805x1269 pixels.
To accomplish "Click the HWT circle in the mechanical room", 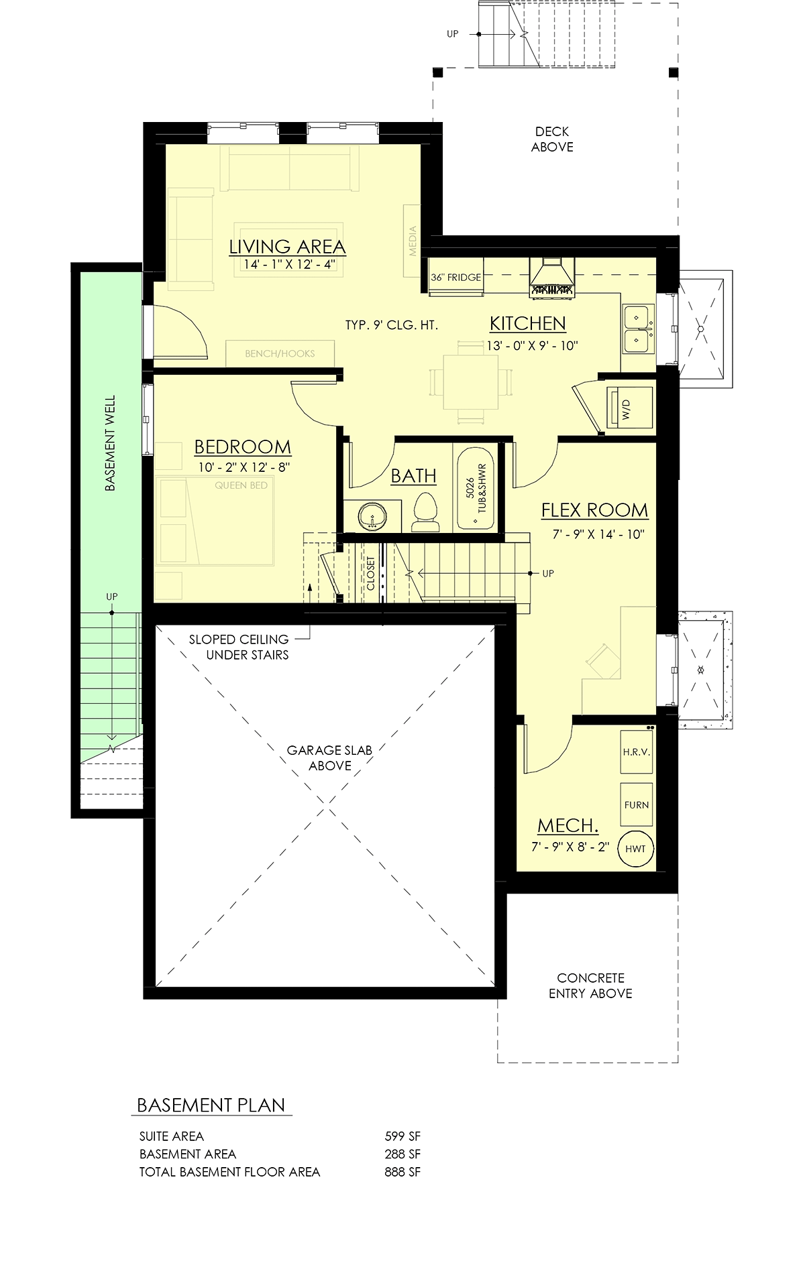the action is point(635,848).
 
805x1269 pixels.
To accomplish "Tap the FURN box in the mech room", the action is point(637,805).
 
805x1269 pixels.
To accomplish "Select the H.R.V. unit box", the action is point(637,752).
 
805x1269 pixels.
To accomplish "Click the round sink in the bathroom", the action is point(372,516).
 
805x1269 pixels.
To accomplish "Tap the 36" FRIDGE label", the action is point(456,277).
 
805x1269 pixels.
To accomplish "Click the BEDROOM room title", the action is point(243,447).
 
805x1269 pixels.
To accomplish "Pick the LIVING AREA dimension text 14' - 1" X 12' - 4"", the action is point(289,265).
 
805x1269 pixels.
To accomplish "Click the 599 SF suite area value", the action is point(402,1136).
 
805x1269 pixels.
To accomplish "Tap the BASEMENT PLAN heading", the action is point(211,1105).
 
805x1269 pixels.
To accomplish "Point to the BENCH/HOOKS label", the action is point(280,353).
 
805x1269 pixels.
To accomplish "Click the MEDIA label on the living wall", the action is point(413,241).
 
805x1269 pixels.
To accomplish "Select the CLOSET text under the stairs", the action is point(371,573).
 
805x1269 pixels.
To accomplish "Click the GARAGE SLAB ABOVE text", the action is point(329,758).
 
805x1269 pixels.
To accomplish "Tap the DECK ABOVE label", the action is point(552,139).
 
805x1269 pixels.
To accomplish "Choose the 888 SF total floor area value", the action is point(402,1172).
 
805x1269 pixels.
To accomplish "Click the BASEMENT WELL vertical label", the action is point(111,443).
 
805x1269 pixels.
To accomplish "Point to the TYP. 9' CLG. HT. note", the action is point(391,325).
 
